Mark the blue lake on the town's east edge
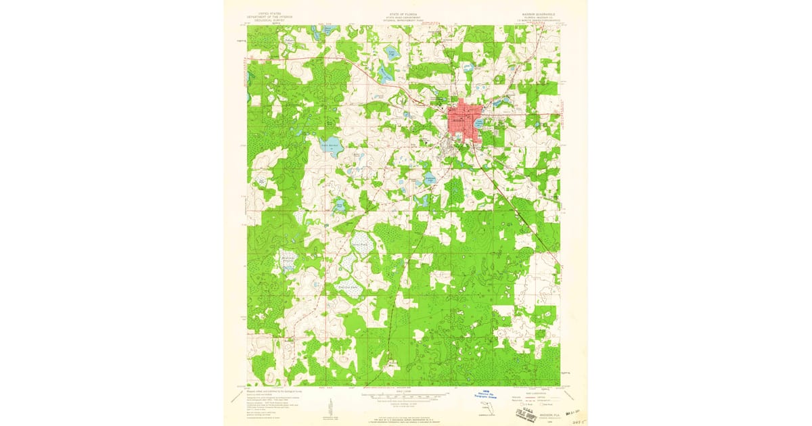480,123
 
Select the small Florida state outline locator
487,407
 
